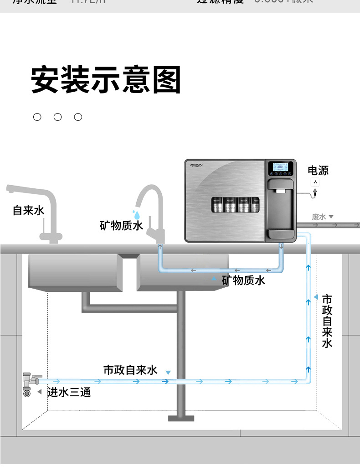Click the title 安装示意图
click(x=106, y=80)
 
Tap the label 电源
click(x=318, y=171)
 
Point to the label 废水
click(x=319, y=217)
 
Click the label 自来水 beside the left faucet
click(x=28, y=210)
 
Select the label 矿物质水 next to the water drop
click(x=121, y=225)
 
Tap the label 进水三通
click(x=69, y=392)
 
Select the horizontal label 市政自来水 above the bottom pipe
click(x=130, y=370)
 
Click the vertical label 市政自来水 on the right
click(x=327, y=321)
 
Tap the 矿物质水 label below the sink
click(x=243, y=280)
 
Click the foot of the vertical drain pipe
click(x=181, y=418)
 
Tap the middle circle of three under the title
click(x=57, y=117)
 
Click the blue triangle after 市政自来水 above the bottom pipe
click(x=168, y=373)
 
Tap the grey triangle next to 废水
click(x=331, y=217)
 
